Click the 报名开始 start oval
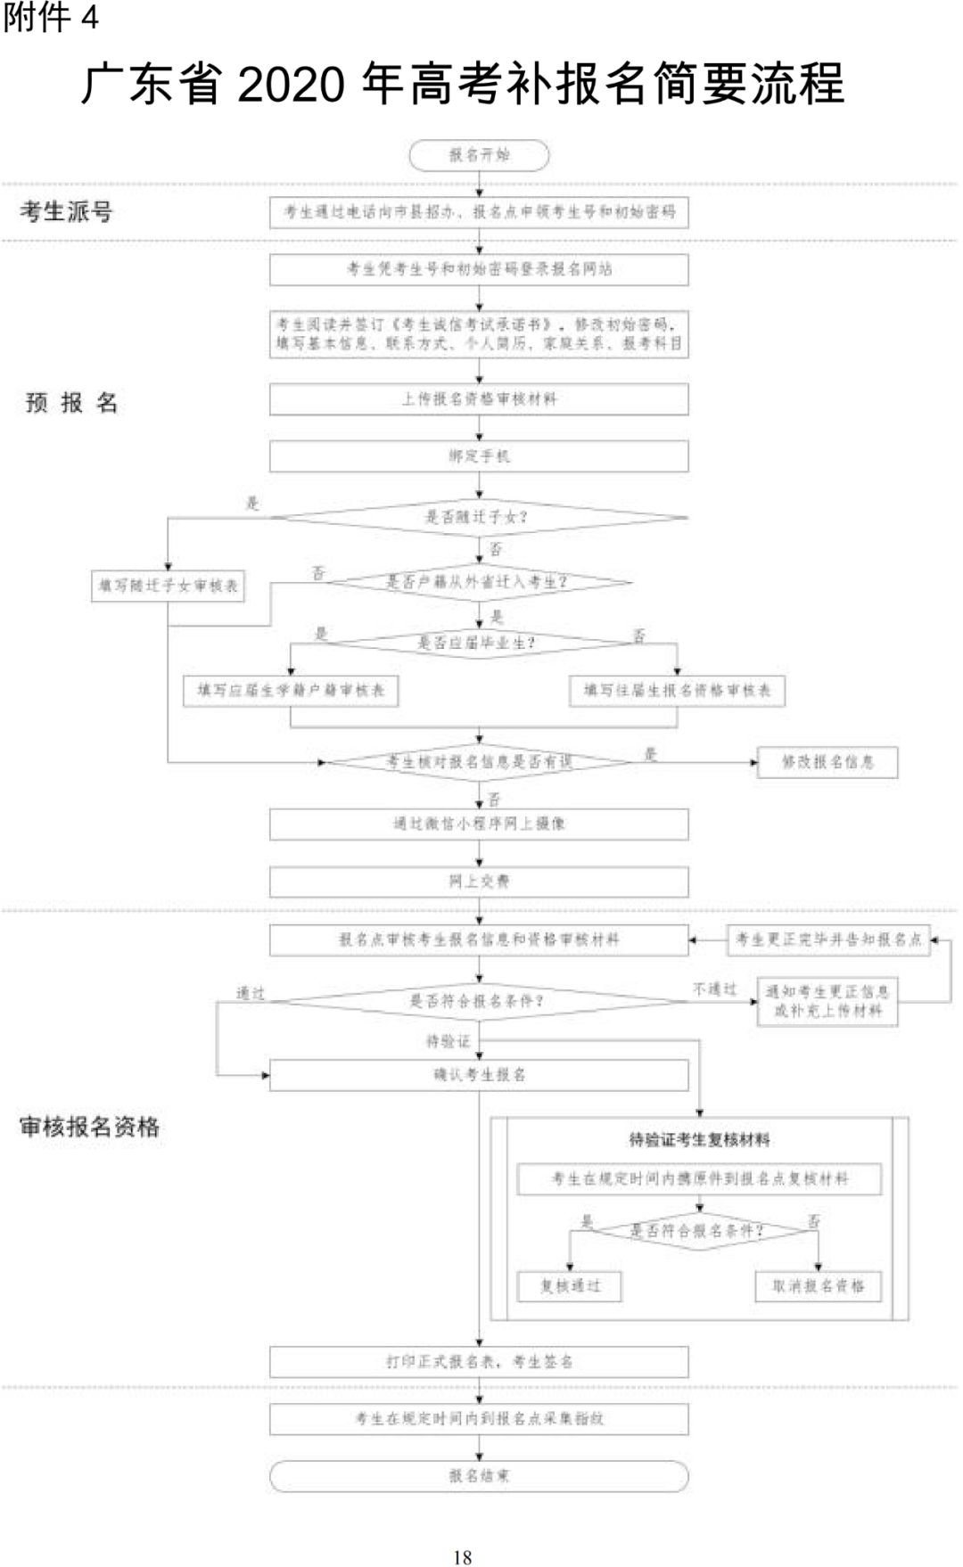[479, 155]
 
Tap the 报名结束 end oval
[479, 1476]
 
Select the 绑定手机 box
[479, 456]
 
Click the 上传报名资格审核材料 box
[479, 399]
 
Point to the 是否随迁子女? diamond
[479, 517]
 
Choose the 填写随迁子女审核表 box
[168, 586]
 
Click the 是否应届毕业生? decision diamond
[479, 643]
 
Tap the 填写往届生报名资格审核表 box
[677, 691]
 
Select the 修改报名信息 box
[827, 762]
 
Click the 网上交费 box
[479, 882]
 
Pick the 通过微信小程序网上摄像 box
[479, 824]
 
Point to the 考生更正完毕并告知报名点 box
[828, 939]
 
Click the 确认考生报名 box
[479, 1075]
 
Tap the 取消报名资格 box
[818, 1286]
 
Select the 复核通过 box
[570, 1286]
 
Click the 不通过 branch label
[715, 989]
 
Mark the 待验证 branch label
[448, 1041]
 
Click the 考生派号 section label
[67, 212]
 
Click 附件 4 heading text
[50, 18]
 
